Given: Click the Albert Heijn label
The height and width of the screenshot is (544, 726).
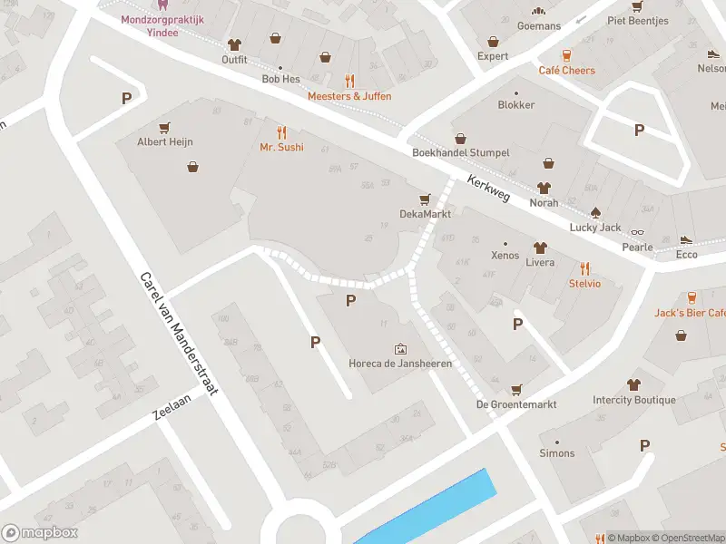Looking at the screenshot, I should pyautogui.click(x=164, y=141).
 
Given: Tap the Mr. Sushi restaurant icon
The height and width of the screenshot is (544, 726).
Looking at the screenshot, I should pyautogui.click(x=281, y=131).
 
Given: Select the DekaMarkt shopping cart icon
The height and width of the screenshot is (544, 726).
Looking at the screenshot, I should pyautogui.click(x=424, y=199).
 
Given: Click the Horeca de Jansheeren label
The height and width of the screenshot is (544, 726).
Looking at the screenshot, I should pyautogui.click(x=400, y=364).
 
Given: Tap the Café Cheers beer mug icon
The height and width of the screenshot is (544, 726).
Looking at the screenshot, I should pyautogui.click(x=567, y=54).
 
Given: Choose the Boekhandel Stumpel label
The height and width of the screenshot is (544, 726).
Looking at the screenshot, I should pyautogui.click(x=460, y=153).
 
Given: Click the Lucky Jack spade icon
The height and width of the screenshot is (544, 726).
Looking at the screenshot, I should pyautogui.click(x=595, y=212).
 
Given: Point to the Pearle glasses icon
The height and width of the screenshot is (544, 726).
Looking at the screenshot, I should pyautogui.click(x=637, y=233).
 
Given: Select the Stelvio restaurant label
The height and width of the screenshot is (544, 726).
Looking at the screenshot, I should pyautogui.click(x=584, y=284).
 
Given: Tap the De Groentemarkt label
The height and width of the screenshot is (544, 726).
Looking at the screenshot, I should pyautogui.click(x=516, y=404).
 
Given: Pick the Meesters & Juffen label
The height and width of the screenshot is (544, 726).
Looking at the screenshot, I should pyautogui.click(x=349, y=96).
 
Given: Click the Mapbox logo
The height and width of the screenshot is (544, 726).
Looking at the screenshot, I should pyautogui.click(x=40, y=533).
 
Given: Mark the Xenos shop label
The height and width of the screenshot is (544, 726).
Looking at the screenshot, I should pyautogui.click(x=505, y=256).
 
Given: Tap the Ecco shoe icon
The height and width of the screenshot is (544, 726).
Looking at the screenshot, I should pyautogui.click(x=686, y=239).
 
